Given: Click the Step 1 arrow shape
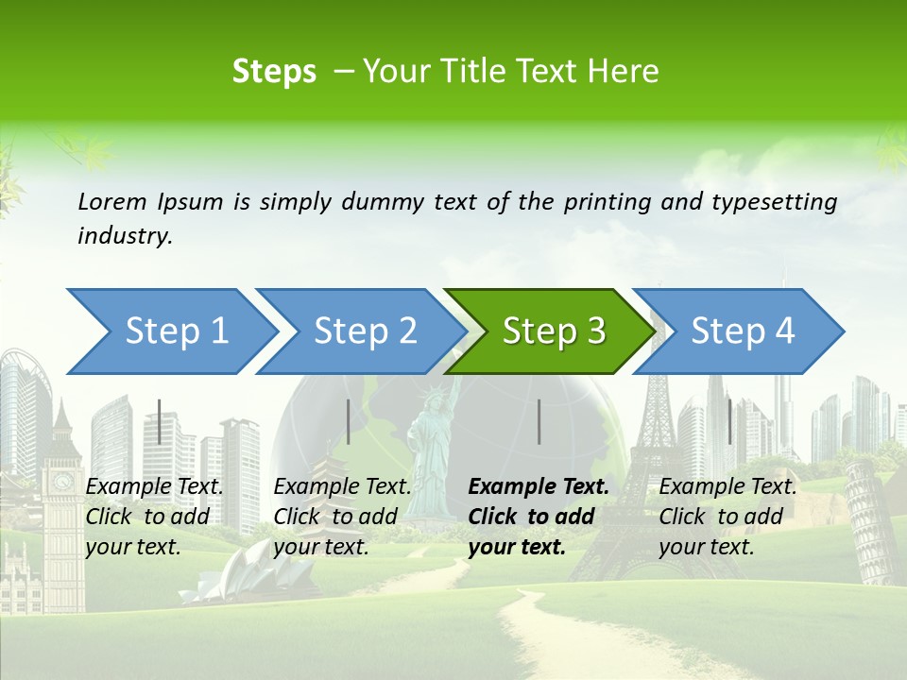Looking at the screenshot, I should [175, 331].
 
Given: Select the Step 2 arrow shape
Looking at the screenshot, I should [364, 331].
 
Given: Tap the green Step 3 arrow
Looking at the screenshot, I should [553, 331].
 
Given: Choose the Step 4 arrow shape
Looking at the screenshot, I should [742, 331].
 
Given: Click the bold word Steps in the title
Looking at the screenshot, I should [274, 71].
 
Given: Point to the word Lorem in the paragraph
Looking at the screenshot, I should [112, 201].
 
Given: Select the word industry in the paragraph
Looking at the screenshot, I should [124, 236].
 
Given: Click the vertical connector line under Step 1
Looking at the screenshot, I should [160, 422].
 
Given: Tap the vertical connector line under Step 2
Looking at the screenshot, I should [349, 422].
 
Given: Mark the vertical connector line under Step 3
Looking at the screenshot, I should [539, 422].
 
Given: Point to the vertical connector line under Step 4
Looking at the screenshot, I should [729, 422].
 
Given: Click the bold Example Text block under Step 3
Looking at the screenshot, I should [539, 517].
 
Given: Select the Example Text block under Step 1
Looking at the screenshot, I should [154, 517].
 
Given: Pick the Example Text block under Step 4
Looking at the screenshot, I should [727, 517].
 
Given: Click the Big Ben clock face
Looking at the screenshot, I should [62, 482].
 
